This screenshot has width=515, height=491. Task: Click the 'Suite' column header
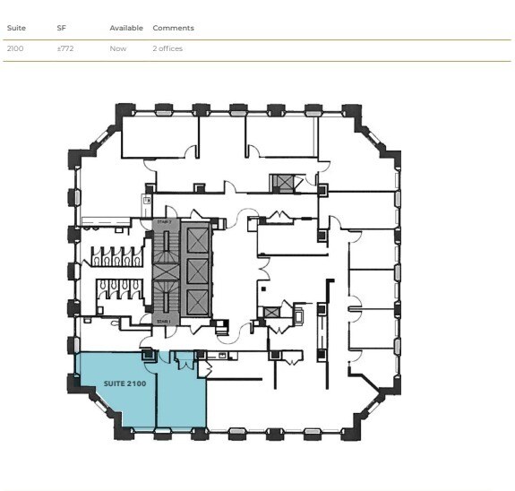point(16,28)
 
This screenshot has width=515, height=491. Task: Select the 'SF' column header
point(62,28)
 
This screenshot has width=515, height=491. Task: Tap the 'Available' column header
point(126,28)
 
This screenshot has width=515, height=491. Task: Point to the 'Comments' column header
point(173,28)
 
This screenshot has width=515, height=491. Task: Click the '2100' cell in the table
point(15,48)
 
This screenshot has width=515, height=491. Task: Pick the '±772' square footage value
point(64,48)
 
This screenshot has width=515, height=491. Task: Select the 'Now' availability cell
point(118,48)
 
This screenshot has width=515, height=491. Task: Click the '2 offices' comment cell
point(167,48)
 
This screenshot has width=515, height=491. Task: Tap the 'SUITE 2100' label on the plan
point(125,383)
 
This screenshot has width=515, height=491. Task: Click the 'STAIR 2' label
point(164,221)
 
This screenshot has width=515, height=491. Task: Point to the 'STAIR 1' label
point(164,321)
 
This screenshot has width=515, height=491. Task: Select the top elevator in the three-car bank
point(197,239)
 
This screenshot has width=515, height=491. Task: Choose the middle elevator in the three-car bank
point(197,271)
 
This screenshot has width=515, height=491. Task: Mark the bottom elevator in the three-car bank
point(197,301)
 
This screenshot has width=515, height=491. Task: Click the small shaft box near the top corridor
point(284,183)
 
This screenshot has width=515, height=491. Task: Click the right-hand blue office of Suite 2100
point(182,399)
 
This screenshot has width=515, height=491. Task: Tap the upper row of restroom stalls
point(114,256)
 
